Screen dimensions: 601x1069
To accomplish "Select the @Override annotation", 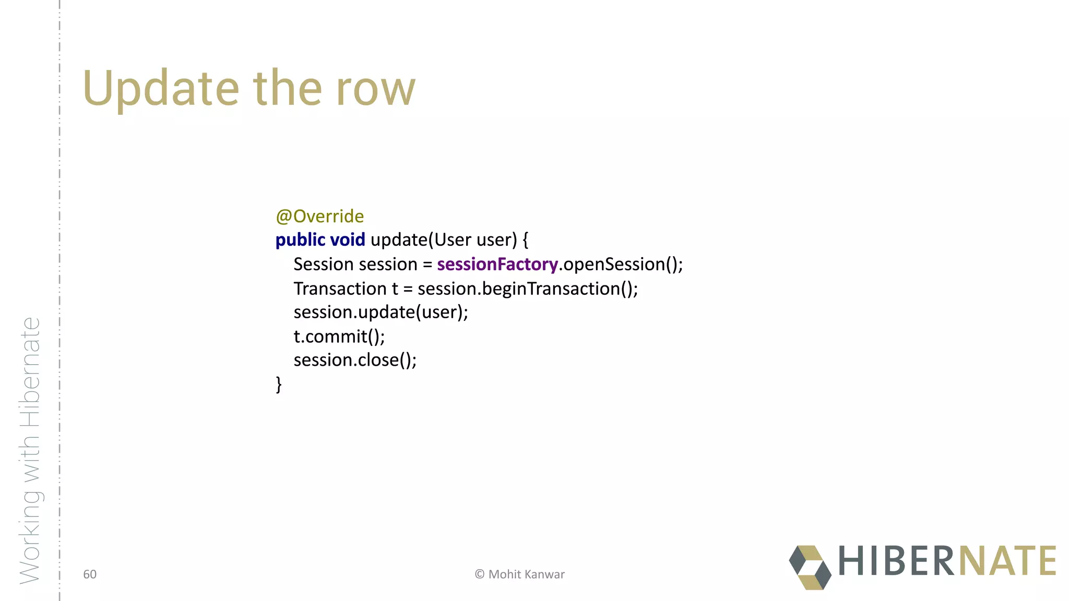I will click(x=319, y=216).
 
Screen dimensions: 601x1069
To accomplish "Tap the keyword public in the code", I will click(x=300, y=240).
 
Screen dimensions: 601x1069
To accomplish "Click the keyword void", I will click(x=348, y=240).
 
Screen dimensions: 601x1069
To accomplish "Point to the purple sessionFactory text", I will click(x=497, y=265).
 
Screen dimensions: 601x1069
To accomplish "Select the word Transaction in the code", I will click(x=340, y=289).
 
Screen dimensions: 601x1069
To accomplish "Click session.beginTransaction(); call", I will click(x=527, y=289).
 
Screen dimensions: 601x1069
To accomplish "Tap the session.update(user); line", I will click(x=381, y=312).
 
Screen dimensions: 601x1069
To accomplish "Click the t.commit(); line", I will click(x=339, y=336).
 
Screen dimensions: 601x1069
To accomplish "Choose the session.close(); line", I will click(x=355, y=360).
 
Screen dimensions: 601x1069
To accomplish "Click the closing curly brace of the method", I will click(x=279, y=384).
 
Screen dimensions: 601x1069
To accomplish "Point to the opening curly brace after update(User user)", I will click(x=525, y=240).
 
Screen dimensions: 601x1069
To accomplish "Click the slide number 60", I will click(x=90, y=574).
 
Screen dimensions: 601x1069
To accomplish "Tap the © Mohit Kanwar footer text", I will click(x=519, y=574).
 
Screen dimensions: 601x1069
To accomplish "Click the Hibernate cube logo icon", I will click(x=810, y=567).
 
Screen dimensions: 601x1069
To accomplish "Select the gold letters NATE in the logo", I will click(x=1007, y=561).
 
